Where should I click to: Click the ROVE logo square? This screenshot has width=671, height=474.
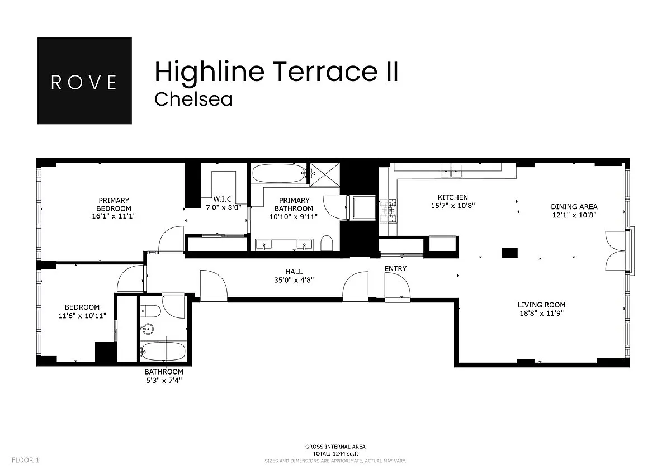click(84, 80)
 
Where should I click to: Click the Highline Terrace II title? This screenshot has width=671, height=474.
click(276, 72)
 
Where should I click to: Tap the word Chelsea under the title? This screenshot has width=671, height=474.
click(193, 99)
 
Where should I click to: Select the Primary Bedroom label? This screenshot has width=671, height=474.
click(114, 208)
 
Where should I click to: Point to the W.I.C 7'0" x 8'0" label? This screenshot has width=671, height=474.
click(223, 203)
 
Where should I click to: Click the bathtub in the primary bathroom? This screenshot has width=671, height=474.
click(278, 173)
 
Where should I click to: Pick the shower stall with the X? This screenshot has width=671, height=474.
click(325, 174)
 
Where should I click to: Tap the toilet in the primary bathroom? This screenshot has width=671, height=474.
click(327, 243)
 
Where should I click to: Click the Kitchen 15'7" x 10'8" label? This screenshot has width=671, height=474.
click(453, 201)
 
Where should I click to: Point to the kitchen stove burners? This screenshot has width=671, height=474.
click(388, 211)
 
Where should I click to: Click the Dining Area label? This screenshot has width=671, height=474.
click(574, 211)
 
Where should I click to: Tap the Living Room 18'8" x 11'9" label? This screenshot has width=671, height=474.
click(542, 309)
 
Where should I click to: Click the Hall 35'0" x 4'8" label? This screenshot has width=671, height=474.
click(294, 276)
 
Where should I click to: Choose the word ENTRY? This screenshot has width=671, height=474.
click(395, 269)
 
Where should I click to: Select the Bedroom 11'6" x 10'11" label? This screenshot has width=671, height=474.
click(82, 311)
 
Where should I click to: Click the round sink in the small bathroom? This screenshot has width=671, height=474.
click(147, 329)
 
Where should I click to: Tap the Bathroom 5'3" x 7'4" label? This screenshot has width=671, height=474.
click(164, 376)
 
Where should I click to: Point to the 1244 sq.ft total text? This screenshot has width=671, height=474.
click(335, 453)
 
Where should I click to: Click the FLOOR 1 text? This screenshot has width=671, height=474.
click(26, 460)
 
